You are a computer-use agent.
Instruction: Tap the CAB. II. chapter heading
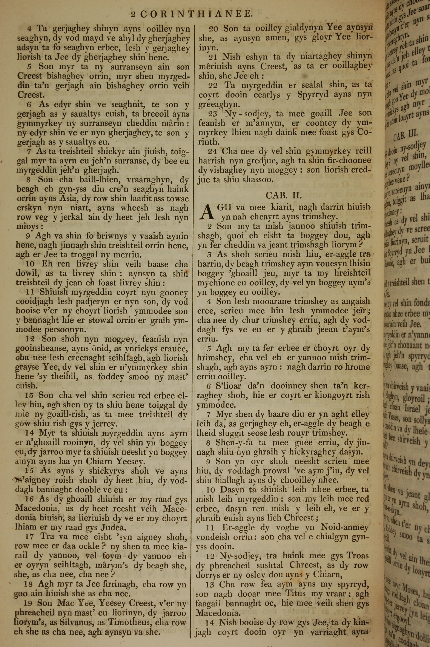pos(284,195)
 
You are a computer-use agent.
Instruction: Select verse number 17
pos(30,537)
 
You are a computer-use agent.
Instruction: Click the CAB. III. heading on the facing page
pos(405,135)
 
